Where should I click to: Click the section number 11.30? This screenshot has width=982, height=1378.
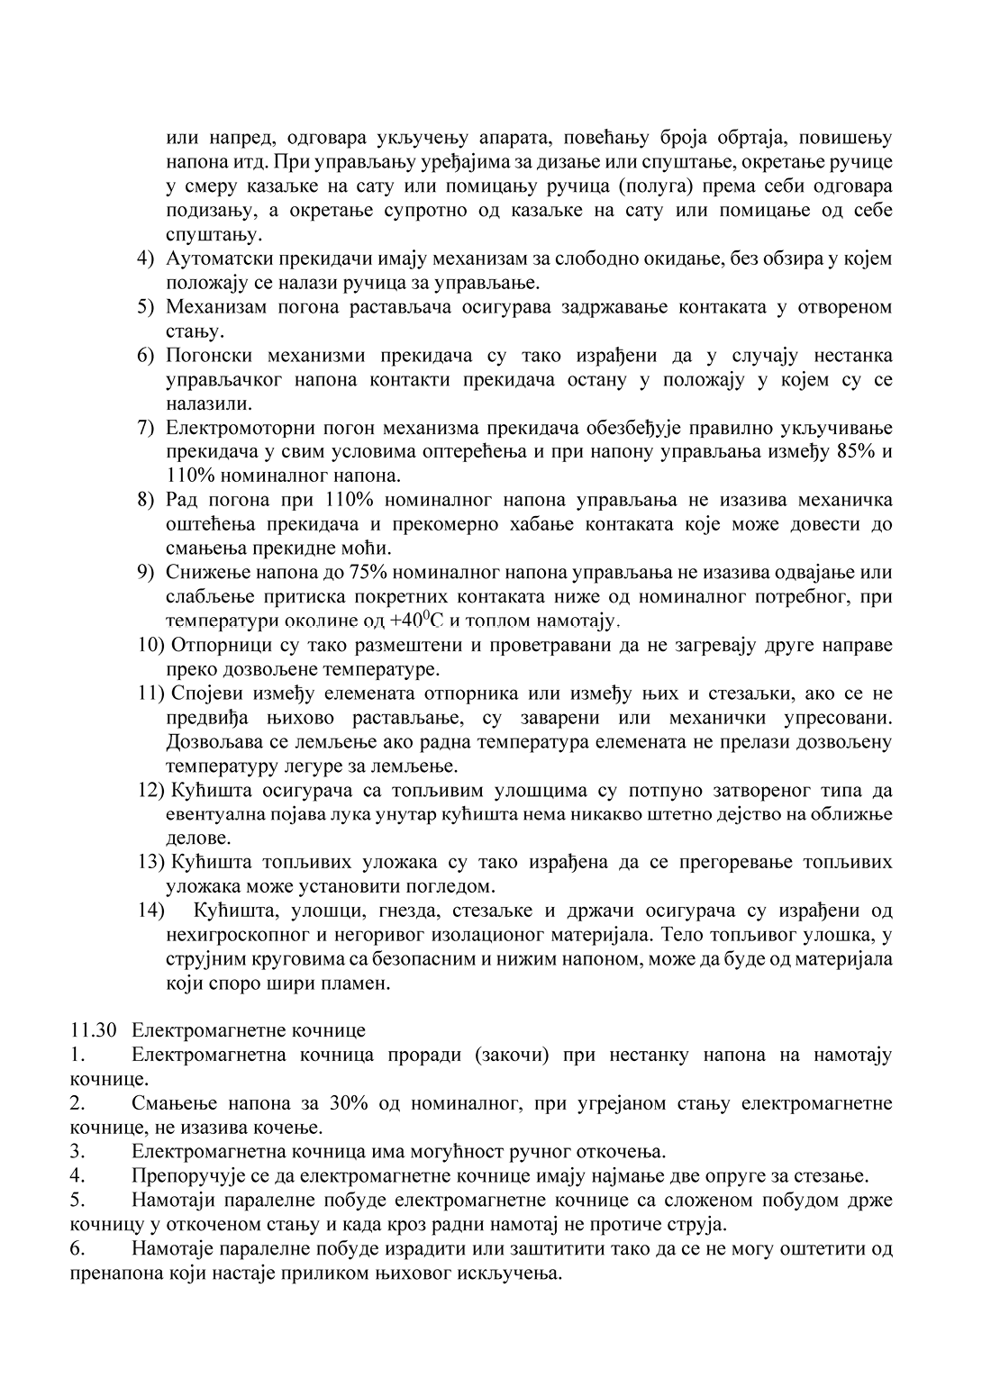tap(93, 1030)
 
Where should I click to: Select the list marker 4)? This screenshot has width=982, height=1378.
tap(146, 258)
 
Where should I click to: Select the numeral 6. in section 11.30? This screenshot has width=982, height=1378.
tap(77, 1249)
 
